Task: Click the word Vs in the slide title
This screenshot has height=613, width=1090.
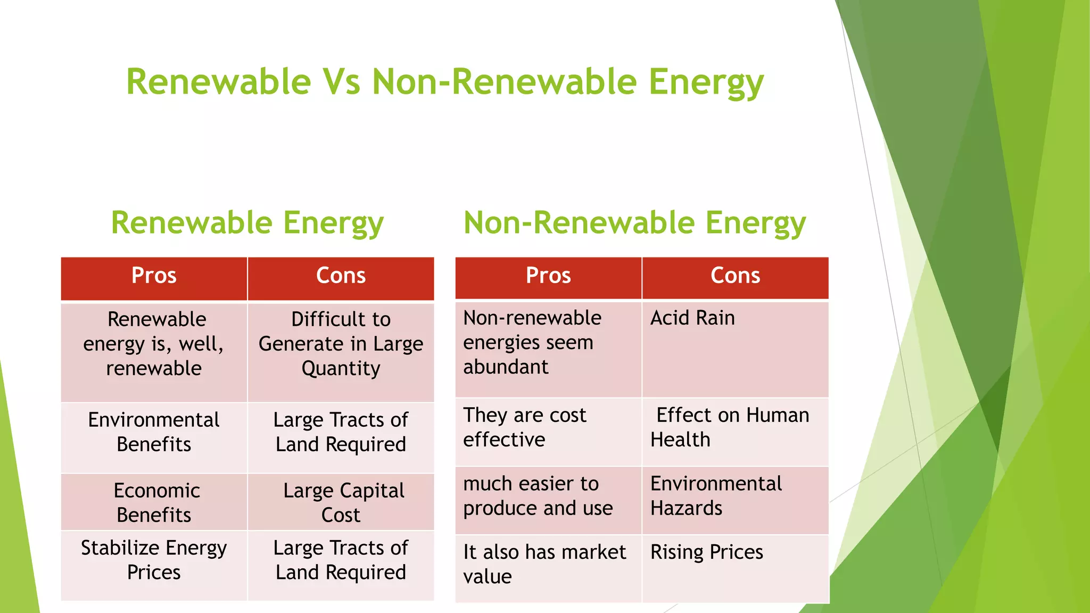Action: click(341, 82)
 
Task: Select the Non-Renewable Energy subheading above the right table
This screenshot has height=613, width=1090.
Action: click(634, 222)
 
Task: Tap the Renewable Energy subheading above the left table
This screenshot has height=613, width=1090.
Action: click(247, 222)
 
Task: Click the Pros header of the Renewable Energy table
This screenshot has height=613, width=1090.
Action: click(154, 276)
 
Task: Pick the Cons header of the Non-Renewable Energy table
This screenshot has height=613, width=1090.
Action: click(735, 276)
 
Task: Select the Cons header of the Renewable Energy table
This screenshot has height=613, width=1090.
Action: click(341, 276)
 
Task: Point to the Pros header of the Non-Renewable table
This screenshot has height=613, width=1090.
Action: click(548, 276)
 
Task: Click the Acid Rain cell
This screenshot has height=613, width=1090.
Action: click(692, 318)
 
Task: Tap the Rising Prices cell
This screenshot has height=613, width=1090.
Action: click(706, 552)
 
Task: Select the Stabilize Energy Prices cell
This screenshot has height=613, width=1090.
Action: click(154, 560)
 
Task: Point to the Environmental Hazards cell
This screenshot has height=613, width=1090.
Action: click(716, 496)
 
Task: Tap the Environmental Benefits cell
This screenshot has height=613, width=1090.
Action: click(154, 432)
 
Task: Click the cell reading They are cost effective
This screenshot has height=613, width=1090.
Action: click(524, 427)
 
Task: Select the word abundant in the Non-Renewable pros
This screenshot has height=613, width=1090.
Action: click(506, 367)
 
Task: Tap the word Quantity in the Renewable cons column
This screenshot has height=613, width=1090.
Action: click(341, 368)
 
